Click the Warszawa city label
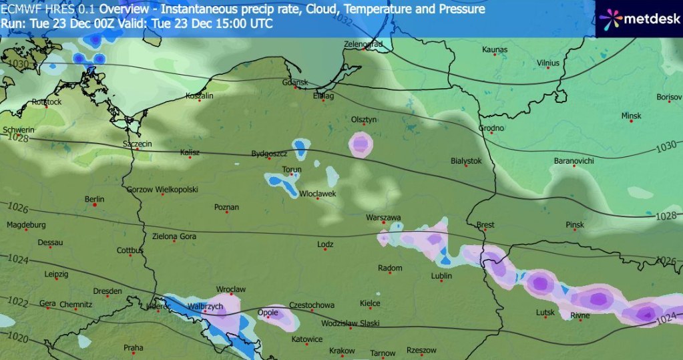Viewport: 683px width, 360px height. point(383,218)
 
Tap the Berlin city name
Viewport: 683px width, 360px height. point(95,199)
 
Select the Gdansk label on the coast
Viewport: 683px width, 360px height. point(294,83)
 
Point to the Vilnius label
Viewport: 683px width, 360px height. point(547,63)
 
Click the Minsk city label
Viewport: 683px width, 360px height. point(631,116)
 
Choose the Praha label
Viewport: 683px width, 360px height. point(133,347)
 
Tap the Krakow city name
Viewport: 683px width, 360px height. point(342,351)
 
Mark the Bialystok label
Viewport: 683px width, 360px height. point(466,161)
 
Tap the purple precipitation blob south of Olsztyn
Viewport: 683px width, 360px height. point(361,143)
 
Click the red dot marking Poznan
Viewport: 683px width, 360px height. point(226,214)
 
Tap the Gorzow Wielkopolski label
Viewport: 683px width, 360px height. point(162,190)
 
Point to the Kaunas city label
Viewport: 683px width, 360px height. point(495,49)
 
